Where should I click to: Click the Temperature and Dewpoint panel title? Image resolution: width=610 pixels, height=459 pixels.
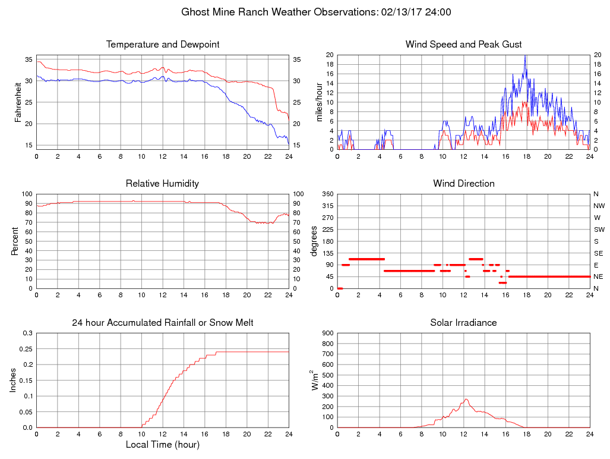tap(163, 45)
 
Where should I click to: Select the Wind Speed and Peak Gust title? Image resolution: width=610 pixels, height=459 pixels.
tap(464, 45)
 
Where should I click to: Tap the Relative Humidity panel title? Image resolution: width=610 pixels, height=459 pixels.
tap(163, 184)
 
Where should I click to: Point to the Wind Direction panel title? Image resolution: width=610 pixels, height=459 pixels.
tap(464, 184)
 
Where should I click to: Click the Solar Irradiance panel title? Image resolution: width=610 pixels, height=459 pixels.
tap(464, 323)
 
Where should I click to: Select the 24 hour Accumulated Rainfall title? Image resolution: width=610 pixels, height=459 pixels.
tap(163, 323)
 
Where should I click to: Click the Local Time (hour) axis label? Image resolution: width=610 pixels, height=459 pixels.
tap(163, 445)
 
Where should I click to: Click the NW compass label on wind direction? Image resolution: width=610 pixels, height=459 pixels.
tap(599, 206)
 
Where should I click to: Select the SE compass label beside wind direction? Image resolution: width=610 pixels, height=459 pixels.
tap(598, 253)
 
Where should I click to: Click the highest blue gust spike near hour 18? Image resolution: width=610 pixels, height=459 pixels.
tap(525, 56)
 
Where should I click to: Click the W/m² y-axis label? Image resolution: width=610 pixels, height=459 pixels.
tap(315, 380)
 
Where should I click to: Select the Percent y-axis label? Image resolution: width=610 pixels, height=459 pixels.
tap(14, 241)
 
